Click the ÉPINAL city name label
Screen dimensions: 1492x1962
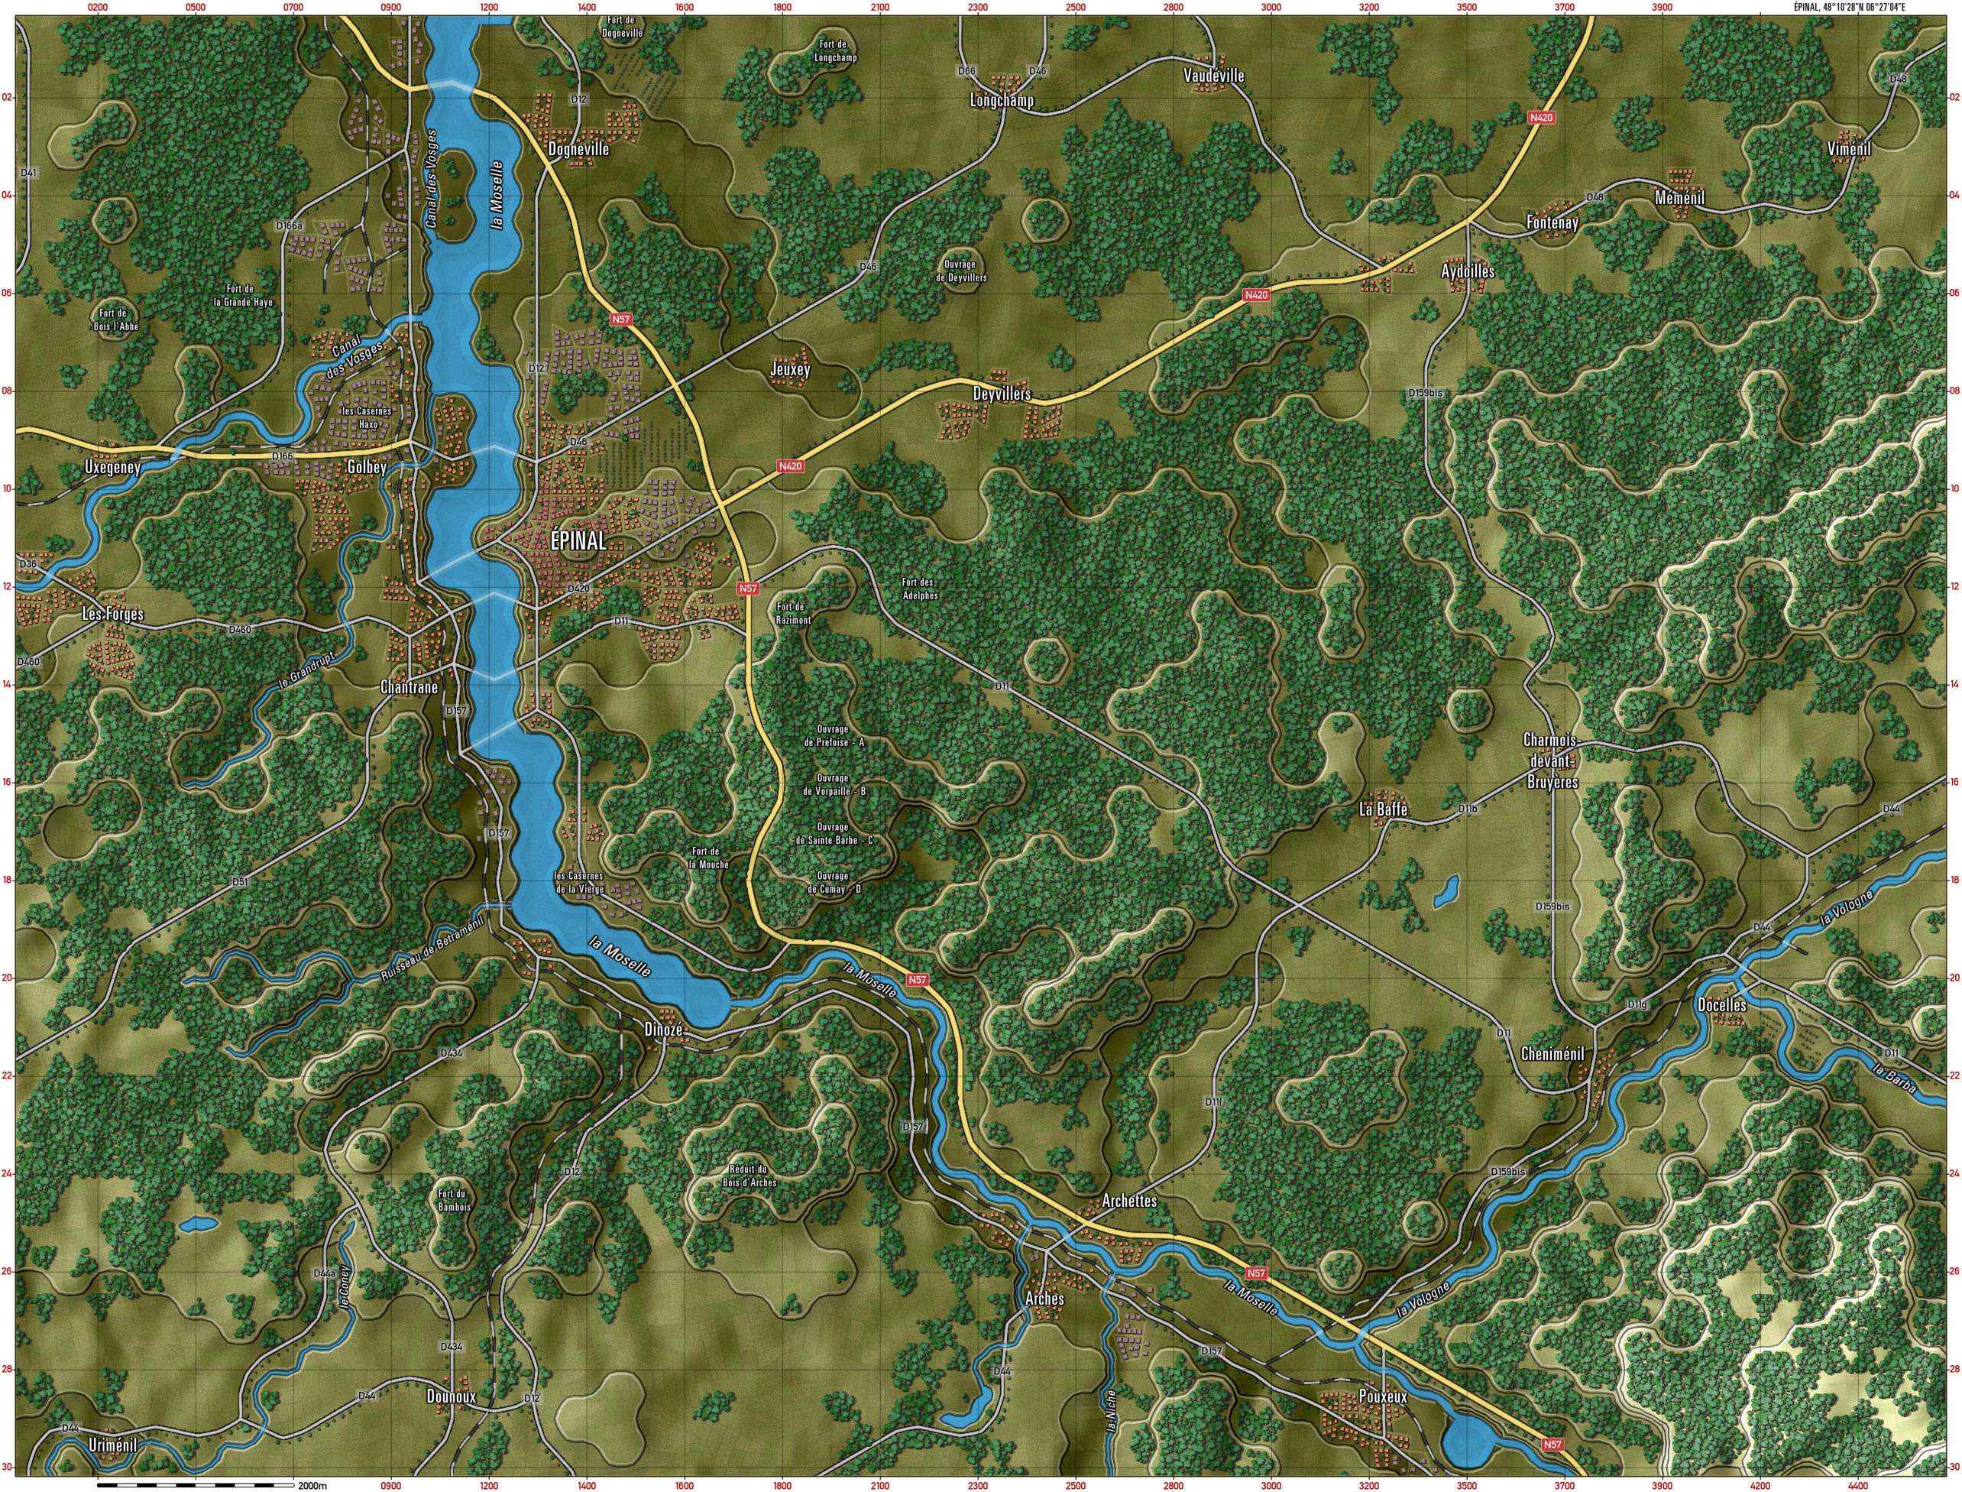pos(578,541)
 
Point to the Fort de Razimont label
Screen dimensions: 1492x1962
pos(794,613)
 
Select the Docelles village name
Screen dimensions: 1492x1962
pos(1721,1005)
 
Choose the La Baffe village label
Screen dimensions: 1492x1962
pos(1383,809)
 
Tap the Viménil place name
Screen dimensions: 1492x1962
pos(1849,149)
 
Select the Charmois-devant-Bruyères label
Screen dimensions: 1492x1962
pos(1551,761)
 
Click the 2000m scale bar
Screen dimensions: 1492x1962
pos(196,1484)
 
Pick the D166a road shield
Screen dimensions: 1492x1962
pos(290,225)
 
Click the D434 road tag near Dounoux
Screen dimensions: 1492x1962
pos(452,1322)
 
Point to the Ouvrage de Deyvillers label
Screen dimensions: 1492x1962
pos(960,271)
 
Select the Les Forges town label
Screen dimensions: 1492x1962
pos(113,614)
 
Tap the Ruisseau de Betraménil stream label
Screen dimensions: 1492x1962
pos(432,951)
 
